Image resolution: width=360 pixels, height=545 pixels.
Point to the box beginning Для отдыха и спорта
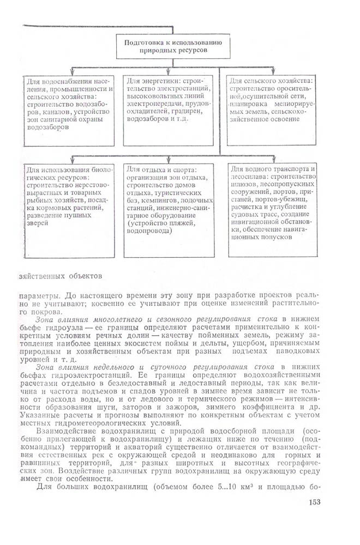170,210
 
